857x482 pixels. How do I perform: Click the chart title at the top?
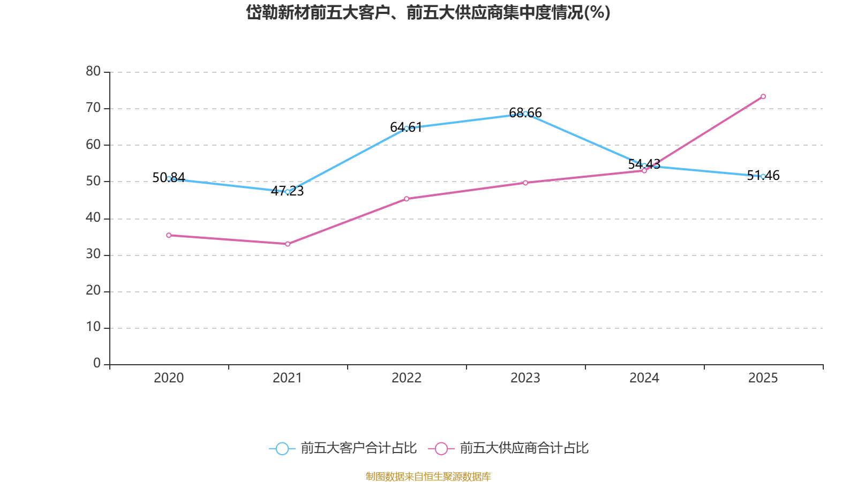(428, 12)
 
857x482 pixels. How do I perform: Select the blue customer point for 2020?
(169, 178)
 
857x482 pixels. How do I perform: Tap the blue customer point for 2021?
(288, 192)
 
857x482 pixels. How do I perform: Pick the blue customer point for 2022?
(407, 129)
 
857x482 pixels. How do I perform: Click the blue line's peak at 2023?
(525, 114)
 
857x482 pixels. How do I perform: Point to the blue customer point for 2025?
(763, 176)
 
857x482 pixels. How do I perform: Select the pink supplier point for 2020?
(169, 235)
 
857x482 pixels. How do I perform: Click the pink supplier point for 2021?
(288, 244)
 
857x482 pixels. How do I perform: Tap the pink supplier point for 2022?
(407, 199)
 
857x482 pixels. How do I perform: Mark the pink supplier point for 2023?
(525, 183)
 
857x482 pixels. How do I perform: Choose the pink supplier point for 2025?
(763, 96)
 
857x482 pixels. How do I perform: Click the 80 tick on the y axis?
(93, 71)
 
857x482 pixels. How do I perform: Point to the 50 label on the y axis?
(93, 181)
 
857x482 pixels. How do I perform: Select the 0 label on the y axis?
(97, 363)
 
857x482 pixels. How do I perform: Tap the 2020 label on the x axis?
(169, 378)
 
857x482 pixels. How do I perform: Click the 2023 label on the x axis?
(525, 378)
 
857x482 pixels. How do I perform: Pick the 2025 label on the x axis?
(763, 378)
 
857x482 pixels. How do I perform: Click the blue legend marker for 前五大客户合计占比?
(282, 448)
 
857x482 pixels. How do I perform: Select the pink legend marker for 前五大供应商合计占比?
(441, 448)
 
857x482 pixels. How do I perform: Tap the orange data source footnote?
(428, 476)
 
